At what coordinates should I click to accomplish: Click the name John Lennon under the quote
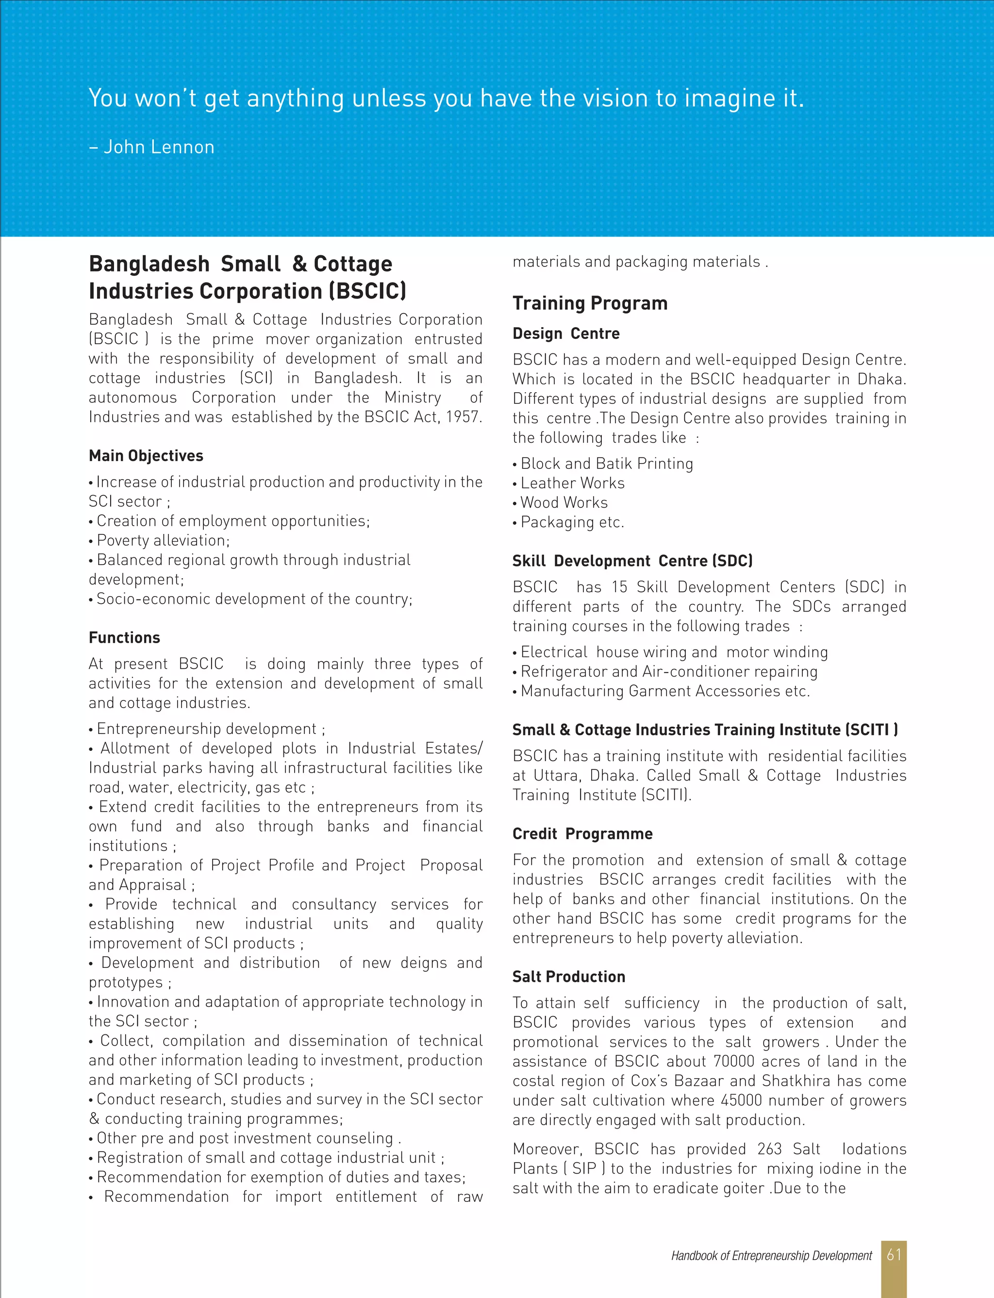tap(159, 147)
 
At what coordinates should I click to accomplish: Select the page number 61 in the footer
tap(894, 1255)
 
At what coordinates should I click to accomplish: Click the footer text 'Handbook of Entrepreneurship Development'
tap(771, 1256)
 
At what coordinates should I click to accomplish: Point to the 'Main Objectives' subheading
tap(146, 455)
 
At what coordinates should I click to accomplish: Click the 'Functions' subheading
tap(124, 638)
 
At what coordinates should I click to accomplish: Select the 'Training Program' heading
tap(590, 303)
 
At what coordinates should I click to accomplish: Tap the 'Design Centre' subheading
tap(565, 333)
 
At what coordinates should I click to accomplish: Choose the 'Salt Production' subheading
tap(569, 977)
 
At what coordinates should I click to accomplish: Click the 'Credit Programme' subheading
tap(582, 833)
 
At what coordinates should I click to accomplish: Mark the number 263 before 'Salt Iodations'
tap(769, 1149)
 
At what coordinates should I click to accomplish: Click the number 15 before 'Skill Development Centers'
tap(619, 587)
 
